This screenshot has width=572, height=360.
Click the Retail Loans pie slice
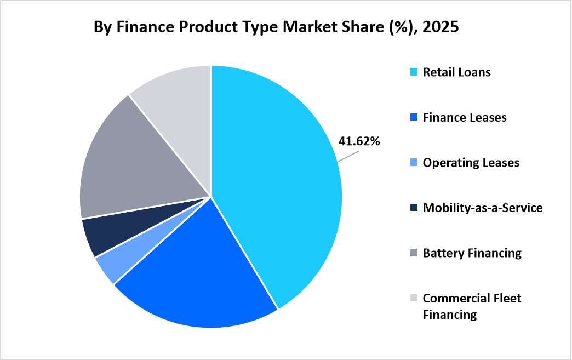pyautogui.click(x=274, y=181)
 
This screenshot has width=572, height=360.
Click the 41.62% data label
pyautogui.click(x=359, y=141)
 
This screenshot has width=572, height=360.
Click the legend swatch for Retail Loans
pyautogui.click(x=414, y=72)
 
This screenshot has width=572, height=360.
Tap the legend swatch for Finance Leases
pyautogui.click(x=414, y=117)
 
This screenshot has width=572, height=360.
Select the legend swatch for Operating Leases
pyautogui.click(x=414, y=163)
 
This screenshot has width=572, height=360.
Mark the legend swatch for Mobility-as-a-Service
pyautogui.click(x=414, y=208)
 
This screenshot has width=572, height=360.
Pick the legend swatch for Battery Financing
pyautogui.click(x=414, y=253)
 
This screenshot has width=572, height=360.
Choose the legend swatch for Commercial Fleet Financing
pyautogui.click(x=414, y=298)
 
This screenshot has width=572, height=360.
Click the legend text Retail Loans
pyautogui.click(x=456, y=72)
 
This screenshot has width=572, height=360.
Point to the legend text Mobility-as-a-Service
pyautogui.click(x=483, y=208)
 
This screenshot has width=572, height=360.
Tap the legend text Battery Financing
pyautogui.click(x=472, y=253)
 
